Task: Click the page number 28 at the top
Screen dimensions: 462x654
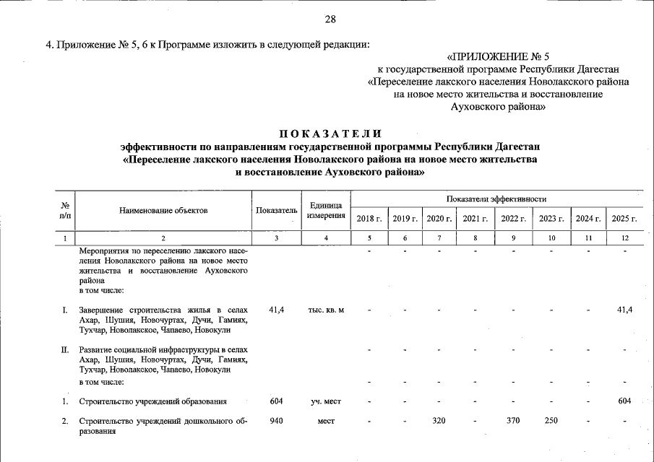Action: (x=330, y=19)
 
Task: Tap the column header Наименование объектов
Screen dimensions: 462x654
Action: (x=164, y=210)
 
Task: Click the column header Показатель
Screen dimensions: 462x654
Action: (x=276, y=210)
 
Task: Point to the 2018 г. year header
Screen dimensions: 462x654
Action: (x=369, y=218)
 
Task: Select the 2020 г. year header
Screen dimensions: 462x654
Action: (x=439, y=218)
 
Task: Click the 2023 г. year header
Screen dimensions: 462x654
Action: (x=551, y=218)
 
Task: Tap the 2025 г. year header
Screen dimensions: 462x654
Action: (x=624, y=218)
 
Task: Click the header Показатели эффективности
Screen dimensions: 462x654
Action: (x=496, y=199)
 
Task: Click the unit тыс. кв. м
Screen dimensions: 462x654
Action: (x=325, y=310)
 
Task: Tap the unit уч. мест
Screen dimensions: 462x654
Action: (x=325, y=401)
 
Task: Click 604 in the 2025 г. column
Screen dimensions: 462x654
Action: (x=624, y=401)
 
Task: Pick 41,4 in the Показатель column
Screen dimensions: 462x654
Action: (x=276, y=310)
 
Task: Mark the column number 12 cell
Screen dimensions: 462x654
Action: (x=624, y=238)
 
